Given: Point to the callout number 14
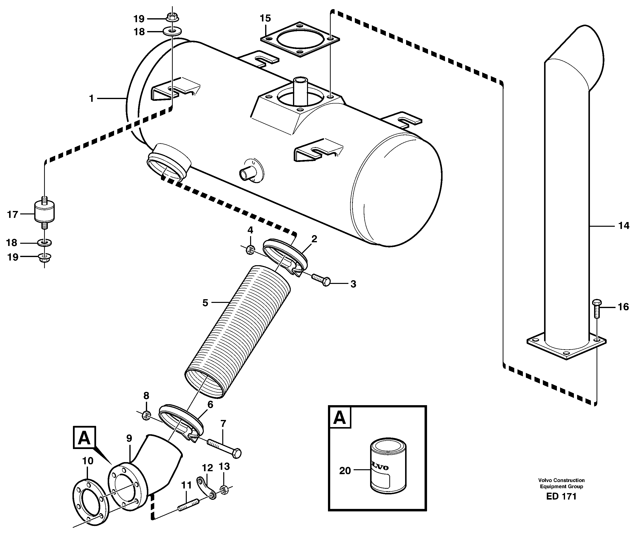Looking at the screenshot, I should pos(624,226).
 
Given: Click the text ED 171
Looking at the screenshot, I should pos(561,496).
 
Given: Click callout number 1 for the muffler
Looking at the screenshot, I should pos(91,99).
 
